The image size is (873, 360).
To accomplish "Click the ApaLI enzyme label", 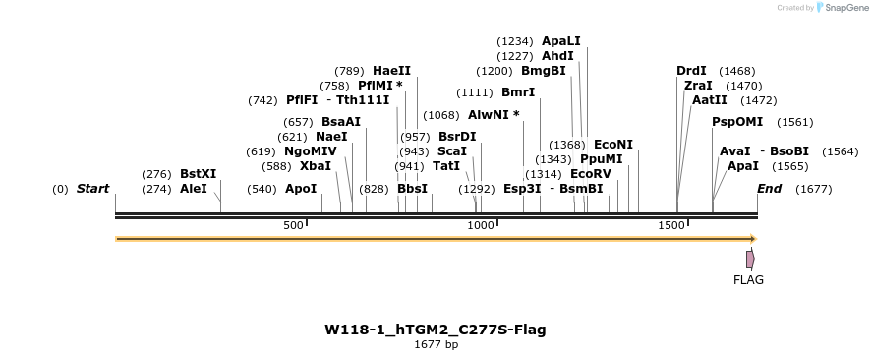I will (561, 41).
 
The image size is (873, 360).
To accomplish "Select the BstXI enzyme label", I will (198, 173).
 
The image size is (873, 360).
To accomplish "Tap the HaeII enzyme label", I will (391, 71).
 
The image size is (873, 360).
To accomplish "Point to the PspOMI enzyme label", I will (737, 122).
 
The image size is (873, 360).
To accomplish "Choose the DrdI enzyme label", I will (691, 71).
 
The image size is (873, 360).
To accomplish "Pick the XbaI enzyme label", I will (316, 166).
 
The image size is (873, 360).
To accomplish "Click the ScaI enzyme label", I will (452, 151).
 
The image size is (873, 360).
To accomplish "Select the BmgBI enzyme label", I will (544, 71).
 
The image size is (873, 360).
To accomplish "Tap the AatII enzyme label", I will (708, 100).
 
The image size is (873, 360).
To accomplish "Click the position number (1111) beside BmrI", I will (475, 92).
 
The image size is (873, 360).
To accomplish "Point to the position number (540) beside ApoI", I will (262, 189).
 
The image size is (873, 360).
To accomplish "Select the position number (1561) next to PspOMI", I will (795, 122).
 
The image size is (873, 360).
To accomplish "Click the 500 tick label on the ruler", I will (294, 226).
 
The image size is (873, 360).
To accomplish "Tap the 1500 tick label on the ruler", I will (671, 226).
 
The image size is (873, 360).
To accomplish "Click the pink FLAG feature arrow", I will (750, 259).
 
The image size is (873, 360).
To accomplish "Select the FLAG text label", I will (748, 280).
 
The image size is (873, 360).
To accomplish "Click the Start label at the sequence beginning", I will (92, 189).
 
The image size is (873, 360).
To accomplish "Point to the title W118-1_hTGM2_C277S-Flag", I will (436, 330).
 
